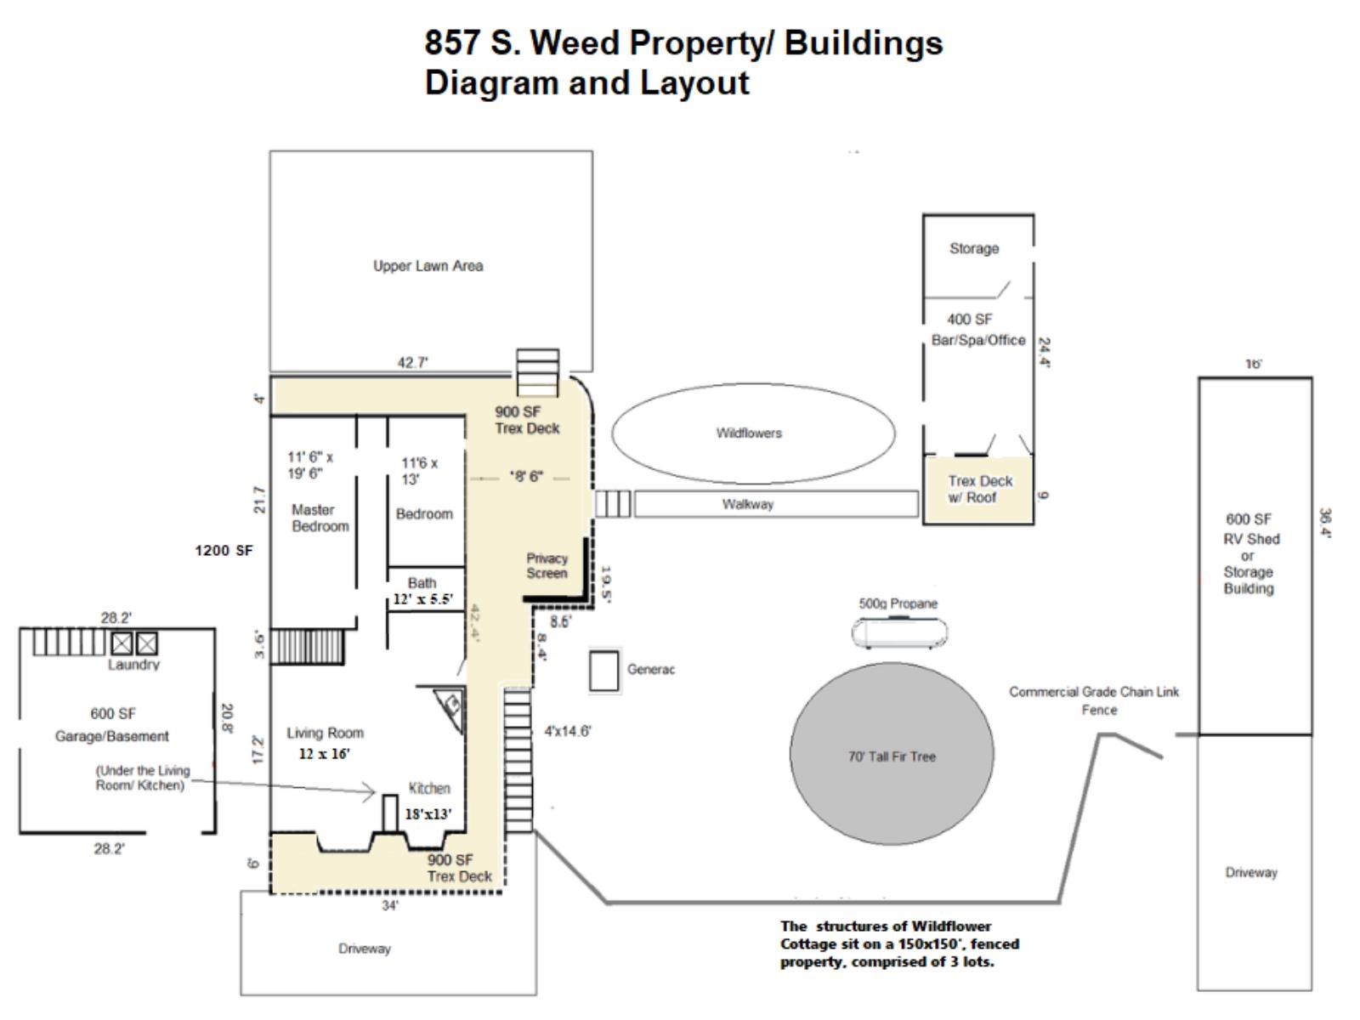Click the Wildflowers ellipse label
click(748, 433)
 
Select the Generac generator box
click(603, 671)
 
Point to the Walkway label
click(748, 504)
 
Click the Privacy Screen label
click(547, 565)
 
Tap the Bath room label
click(422, 582)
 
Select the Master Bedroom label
click(320, 518)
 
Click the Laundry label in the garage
click(133, 665)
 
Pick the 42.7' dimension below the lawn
click(413, 363)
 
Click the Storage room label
click(974, 248)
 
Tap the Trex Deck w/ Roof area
click(979, 490)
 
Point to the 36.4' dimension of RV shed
click(1325, 523)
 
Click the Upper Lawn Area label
click(428, 266)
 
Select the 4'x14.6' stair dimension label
click(567, 731)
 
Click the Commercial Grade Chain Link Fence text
click(1094, 700)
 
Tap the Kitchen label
click(429, 788)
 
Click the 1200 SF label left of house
click(224, 550)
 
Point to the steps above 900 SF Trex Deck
click(538, 371)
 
